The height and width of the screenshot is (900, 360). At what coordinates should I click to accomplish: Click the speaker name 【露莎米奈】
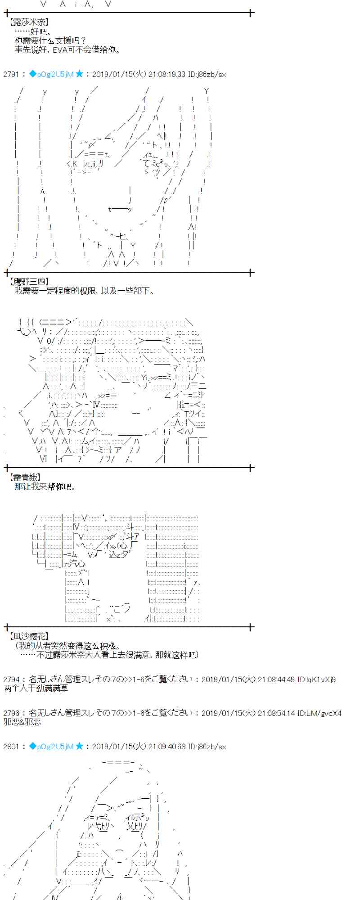click(x=28, y=22)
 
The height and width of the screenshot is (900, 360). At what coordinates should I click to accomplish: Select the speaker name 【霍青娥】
click(x=25, y=477)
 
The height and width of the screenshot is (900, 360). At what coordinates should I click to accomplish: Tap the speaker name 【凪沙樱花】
click(x=28, y=636)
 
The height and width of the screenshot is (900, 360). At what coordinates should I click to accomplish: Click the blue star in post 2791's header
click(x=79, y=74)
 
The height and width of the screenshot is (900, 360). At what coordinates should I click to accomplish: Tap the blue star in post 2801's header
click(x=79, y=747)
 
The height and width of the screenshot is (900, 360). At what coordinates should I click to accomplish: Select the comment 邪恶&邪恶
click(x=22, y=722)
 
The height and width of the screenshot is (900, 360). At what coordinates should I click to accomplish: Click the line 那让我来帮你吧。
click(x=45, y=486)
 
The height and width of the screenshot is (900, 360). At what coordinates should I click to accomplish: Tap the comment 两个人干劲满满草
click(x=36, y=688)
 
